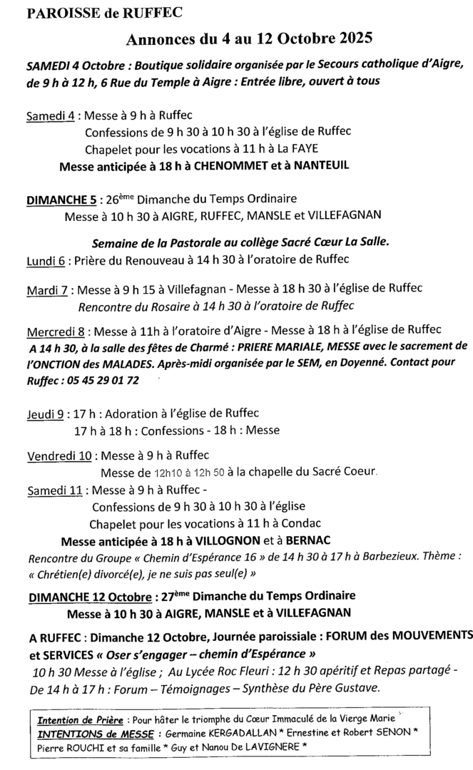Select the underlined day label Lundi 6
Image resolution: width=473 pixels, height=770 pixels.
click(46, 262)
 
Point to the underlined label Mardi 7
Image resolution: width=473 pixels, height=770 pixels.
click(47, 289)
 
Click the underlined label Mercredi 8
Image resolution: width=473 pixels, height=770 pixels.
click(56, 332)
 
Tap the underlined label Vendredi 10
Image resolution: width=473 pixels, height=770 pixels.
click(59, 456)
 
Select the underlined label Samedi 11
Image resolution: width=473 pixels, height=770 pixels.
click(54, 491)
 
